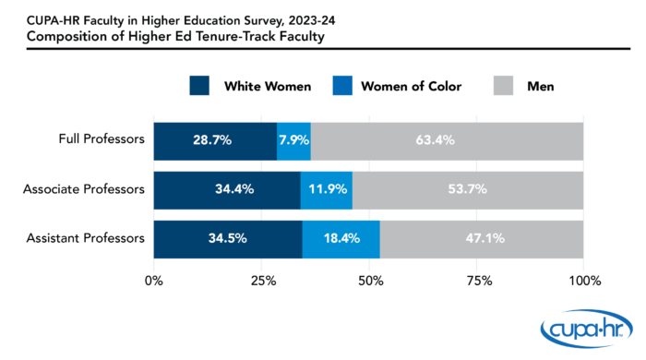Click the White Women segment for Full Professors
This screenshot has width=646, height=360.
(x=214, y=140)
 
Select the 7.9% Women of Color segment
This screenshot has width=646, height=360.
(x=293, y=140)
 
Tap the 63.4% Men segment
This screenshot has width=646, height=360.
(x=447, y=140)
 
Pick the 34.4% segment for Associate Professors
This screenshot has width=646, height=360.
(x=227, y=189)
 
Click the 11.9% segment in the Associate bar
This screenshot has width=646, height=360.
(x=326, y=189)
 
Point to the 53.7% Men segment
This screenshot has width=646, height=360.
(x=467, y=189)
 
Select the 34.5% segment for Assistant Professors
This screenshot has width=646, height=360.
(x=227, y=238)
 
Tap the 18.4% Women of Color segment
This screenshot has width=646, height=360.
(x=341, y=238)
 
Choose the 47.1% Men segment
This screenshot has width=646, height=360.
(x=481, y=238)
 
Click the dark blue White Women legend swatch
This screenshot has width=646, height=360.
(x=202, y=86)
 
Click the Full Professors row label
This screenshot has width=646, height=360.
(x=100, y=140)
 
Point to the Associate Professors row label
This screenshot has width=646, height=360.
(x=84, y=189)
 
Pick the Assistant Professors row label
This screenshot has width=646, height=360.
(x=86, y=238)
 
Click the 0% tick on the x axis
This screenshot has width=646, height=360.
(x=154, y=280)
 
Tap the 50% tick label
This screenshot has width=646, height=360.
(x=368, y=280)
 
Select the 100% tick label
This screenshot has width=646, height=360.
(x=582, y=280)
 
